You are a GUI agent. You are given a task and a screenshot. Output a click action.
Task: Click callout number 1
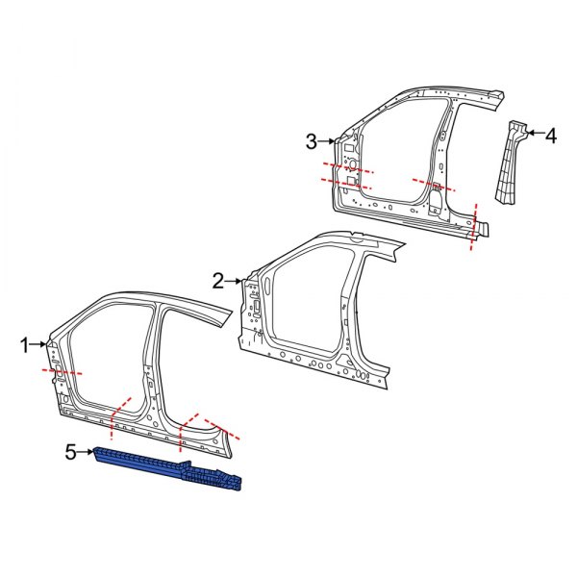pos(27,343)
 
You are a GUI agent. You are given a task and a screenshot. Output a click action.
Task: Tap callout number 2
pos(218,281)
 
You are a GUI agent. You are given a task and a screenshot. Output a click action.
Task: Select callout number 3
pos(311,142)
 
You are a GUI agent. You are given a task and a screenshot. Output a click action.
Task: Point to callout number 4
pos(550,136)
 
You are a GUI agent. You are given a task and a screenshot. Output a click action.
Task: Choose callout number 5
pos(69,449)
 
